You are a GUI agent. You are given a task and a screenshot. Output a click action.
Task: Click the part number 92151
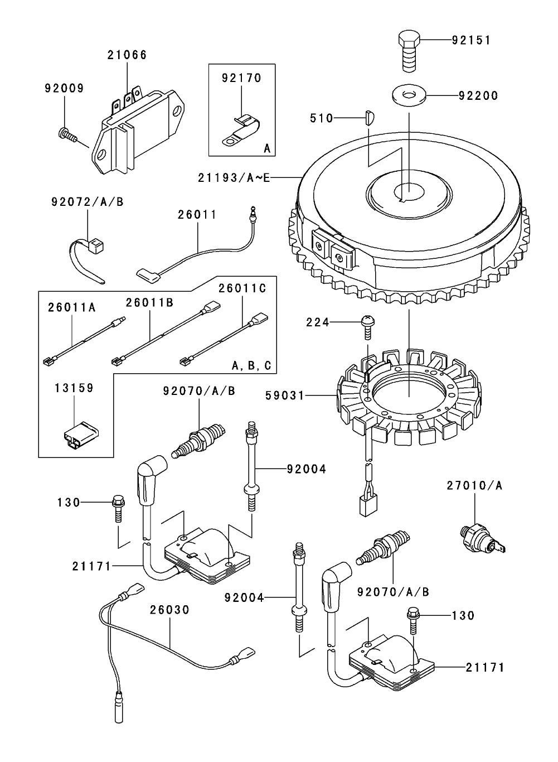(x=471, y=41)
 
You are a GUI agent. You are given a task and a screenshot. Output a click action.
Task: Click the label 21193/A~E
(x=234, y=177)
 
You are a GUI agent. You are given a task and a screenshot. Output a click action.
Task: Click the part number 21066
(x=127, y=55)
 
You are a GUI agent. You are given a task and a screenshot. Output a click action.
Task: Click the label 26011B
(x=149, y=302)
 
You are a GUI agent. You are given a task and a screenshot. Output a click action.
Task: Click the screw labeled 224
(x=367, y=326)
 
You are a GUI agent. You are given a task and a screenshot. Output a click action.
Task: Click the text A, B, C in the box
(x=251, y=366)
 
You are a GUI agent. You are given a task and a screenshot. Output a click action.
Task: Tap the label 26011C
(x=242, y=288)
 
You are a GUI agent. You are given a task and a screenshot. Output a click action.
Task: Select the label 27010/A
(x=474, y=485)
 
